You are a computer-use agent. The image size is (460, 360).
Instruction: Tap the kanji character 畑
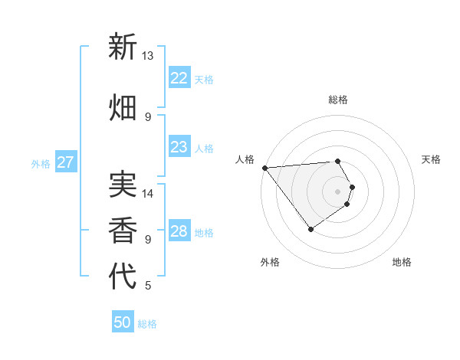click(x=123, y=106)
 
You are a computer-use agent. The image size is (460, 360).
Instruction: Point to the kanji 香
click(x=123, y=229)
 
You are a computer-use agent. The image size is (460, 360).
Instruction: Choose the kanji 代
click(x=123, y=277)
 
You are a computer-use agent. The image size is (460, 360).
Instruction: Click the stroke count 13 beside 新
click(x=147, y=56)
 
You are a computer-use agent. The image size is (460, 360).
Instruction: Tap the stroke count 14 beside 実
click(x=147, y=194)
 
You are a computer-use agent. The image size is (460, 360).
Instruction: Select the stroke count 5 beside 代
click(x=147, y=286)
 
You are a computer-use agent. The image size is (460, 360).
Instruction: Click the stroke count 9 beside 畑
click(x=147, y=116)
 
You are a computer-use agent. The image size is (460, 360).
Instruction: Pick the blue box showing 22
click(x=179, y=78)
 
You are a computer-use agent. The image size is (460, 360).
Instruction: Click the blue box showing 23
click(x=179, y=147)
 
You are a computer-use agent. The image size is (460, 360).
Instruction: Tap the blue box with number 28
click(x=179, y=231)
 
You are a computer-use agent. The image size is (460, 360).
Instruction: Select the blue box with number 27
click(x=66, y=162)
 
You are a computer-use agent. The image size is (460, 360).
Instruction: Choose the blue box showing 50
click(x=123, y=322)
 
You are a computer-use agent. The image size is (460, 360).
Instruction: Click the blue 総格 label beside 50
click(x=148, y=324)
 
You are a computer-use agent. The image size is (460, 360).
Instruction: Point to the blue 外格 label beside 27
click(x=41, y=164)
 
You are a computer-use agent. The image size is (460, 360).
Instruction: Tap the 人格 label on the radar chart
click(x=245, y=159)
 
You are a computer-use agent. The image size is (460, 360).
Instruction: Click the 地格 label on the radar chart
click(x=402, y=262)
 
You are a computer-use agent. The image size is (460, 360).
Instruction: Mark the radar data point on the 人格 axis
click(x=264, y=168)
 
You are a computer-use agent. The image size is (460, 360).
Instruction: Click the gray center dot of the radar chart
click(x=337, y=191)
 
